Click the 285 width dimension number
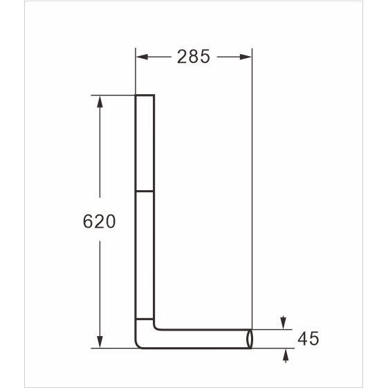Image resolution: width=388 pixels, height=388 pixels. point(194,57)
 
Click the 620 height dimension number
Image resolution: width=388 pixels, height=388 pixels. point(99,221)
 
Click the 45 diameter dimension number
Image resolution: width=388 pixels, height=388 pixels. point(308,339)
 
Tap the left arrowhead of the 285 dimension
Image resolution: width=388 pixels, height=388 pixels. point(142,57)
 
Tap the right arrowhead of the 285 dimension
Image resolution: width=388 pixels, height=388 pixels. point(246,57)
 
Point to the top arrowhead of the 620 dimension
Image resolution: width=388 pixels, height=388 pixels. point(100,102)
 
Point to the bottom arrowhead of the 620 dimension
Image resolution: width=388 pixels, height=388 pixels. point(100,342)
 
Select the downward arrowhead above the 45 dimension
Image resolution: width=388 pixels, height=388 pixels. point(284,323)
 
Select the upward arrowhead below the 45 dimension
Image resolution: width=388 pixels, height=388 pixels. point(286,355)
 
